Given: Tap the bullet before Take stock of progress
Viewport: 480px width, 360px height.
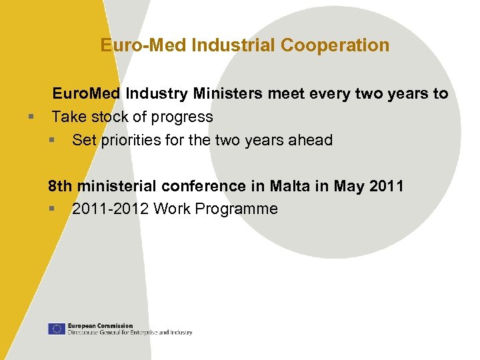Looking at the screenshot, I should [31, 117].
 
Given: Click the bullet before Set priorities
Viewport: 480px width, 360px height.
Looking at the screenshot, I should [52, 141].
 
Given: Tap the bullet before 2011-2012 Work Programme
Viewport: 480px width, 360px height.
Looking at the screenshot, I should [52, 209].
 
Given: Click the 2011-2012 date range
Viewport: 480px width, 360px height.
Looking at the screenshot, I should [110, 209].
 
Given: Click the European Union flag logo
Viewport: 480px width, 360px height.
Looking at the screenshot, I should [56, 329].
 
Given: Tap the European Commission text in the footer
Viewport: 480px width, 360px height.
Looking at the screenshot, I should [100, 326].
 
